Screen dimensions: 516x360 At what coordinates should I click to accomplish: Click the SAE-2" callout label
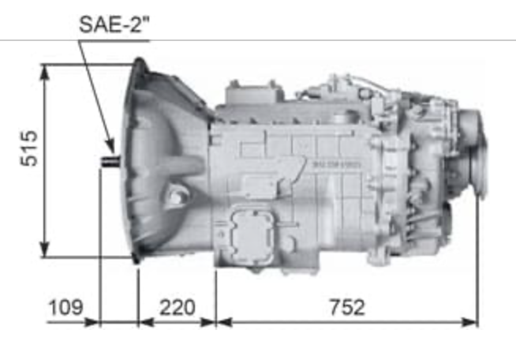point(114,24)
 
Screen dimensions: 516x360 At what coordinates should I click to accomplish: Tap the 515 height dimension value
point(29,148)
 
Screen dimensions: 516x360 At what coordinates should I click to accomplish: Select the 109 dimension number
point(65,307)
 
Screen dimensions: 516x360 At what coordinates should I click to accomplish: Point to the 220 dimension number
point(178,307)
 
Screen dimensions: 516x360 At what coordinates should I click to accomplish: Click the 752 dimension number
point(347,307)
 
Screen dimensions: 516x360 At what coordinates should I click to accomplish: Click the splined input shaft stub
point(110,161)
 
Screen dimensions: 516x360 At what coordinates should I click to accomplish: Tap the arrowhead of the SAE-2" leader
point(110,148)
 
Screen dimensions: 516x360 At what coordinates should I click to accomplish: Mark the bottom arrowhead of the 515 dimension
point(44,249)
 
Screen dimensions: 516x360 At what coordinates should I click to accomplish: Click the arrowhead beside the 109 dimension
point(92,322)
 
